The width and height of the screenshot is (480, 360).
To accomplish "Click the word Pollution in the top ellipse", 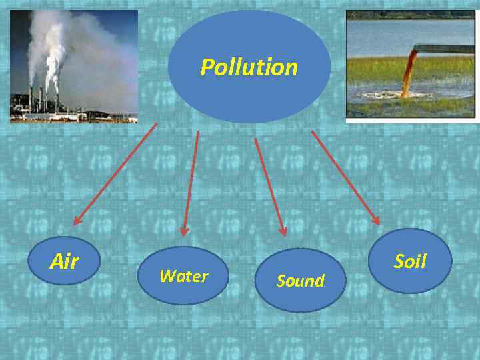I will [249, 67].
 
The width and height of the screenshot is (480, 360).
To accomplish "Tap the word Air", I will [64, 262].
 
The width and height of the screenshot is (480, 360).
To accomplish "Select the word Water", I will [184, 276].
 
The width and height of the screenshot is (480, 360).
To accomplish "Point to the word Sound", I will [300, 281].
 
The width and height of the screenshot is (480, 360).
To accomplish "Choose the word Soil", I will [410, 261].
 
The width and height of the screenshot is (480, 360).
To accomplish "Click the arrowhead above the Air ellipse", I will [77, 219].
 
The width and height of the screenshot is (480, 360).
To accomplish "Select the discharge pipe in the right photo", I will [443, 48].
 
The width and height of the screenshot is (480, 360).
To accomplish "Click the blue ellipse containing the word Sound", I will [300, 281].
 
